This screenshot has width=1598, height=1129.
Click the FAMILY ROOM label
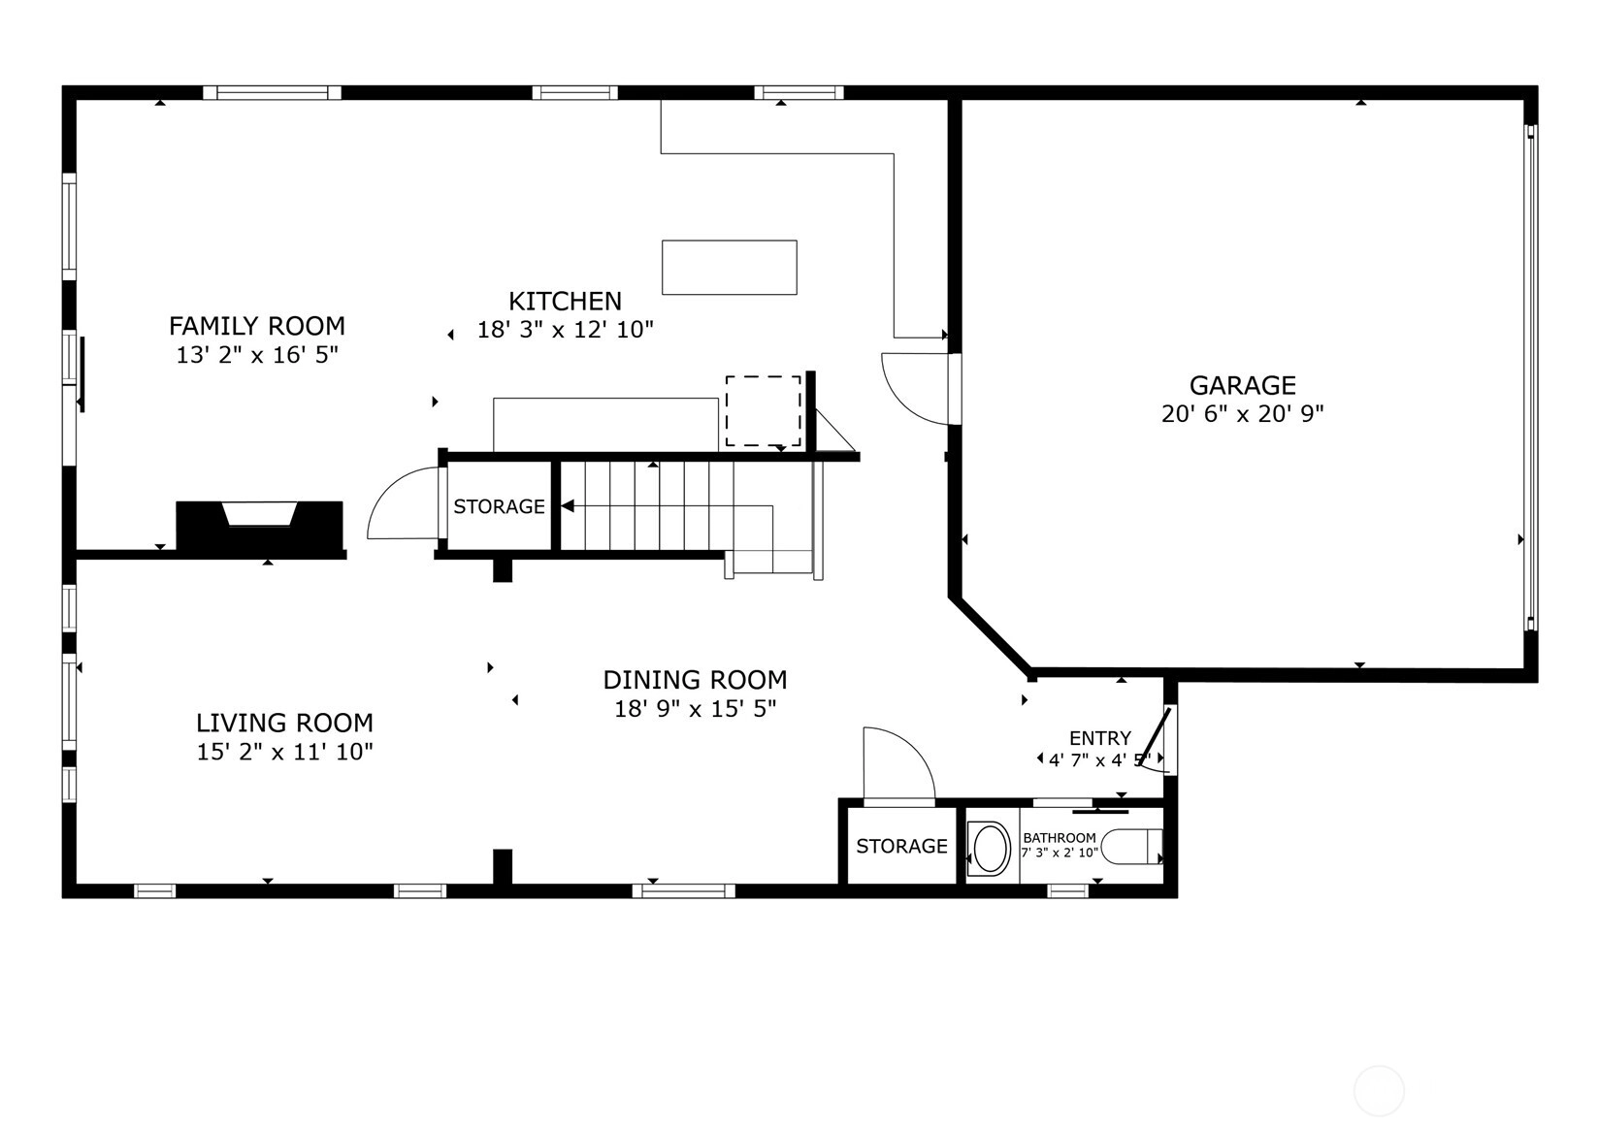pyautogui.click(x=257, y=326)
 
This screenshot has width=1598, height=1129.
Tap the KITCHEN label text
pyautogui.click(x=565, y=302)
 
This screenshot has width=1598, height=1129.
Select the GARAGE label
pyautogui.click(x=1242, y=386)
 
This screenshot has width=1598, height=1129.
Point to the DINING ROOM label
pyautogui.click(x=695, y=680)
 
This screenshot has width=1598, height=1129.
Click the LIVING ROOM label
pyautogui.click(x=284, y=724)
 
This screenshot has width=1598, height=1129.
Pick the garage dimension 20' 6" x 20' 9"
pyautogui.click(x=1242, y=414)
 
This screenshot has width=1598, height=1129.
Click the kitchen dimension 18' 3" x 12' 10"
pyautogui.click(x=565, y=330)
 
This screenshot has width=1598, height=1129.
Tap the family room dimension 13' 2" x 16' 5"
pyautogui.click(x=257, y=354)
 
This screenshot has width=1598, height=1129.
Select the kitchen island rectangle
pyautogui.click(x=729, y=268)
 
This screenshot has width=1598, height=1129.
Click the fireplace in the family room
pyautogui.click(x=260, y=527)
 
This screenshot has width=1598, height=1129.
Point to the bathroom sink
pyautogui.click(x=989, y=849)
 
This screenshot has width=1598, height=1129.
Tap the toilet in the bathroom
pyautogui.click(x=1132, y=847)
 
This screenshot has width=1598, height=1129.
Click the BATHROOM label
pyautogui.click(x=1060, y=838)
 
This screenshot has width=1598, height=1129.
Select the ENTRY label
pyautogui.click(x=1100, y=738)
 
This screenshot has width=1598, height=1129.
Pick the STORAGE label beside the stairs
pyautogui.click(x=499, y=506)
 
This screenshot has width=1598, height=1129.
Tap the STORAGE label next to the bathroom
pyautogui.click(x=901, y=846)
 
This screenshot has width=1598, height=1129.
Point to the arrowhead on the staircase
pyautogui.click(x=568, y=506)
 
